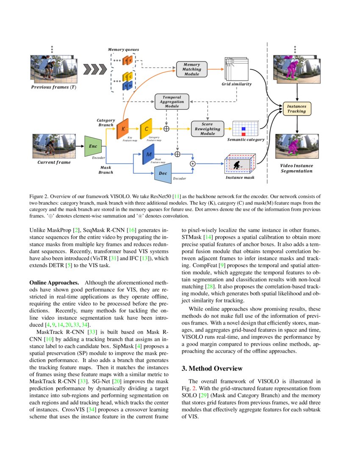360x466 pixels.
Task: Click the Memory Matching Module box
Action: [x=192, y=69]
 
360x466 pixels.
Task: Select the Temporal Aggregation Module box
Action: [x=172, y=102]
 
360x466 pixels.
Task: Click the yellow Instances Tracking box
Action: [x=296, y=109]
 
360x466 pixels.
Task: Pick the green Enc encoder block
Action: [x=93, y=146]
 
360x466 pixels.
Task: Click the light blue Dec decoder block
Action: [x=163, y=173]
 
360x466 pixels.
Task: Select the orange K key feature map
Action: [x=123, y=128]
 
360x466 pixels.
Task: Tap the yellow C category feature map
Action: [x=147, y=128]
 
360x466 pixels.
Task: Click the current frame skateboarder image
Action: [x=54, y=146]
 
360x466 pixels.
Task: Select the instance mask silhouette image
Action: [x=240, y=164]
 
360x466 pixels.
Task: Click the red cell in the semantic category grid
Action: [x=244, y=134]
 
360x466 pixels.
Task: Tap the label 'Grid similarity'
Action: [x=236, y=84]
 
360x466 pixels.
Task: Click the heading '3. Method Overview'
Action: [x=216, y=368]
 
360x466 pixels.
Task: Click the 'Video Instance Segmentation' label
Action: [x=296, y=168]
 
